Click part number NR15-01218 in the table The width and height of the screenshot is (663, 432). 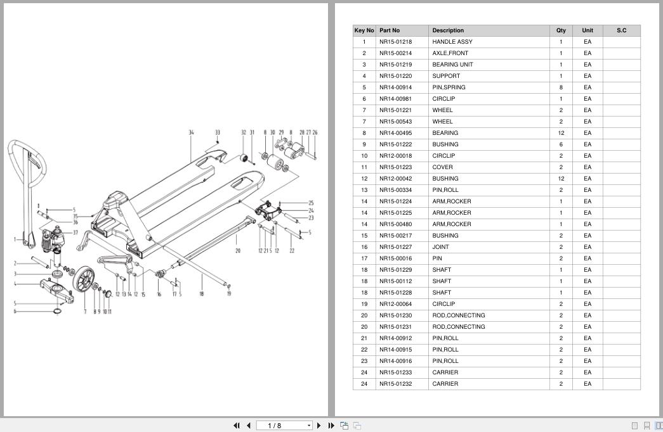[x=395, y=42]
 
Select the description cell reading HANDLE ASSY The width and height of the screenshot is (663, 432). [x=452, y=42]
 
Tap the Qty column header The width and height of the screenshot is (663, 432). [x=561, y=30]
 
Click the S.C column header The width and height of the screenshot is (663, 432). [x=621, y=30]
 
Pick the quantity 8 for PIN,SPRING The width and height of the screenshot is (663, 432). [x=561, y=87]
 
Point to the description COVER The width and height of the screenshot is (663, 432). [x=443, y=167]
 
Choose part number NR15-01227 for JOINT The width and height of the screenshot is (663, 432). [x=395, y=247]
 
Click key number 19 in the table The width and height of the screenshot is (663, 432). [x=364, y=304]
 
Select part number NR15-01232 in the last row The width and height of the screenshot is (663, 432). [x=395, y=384]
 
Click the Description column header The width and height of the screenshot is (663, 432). [x=448, y=30]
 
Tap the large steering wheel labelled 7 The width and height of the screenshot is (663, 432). [x=84, y=281]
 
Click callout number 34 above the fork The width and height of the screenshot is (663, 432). [x=191, y=133]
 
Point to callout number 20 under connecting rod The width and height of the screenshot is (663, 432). [x=238, y=251]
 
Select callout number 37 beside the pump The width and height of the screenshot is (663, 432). [x=75, y=232]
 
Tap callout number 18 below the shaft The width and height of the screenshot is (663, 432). [x=202, y=294]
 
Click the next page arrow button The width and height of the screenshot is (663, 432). [x=318, y=426]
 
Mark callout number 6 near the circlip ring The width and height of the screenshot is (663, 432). [x=15, y=311]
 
